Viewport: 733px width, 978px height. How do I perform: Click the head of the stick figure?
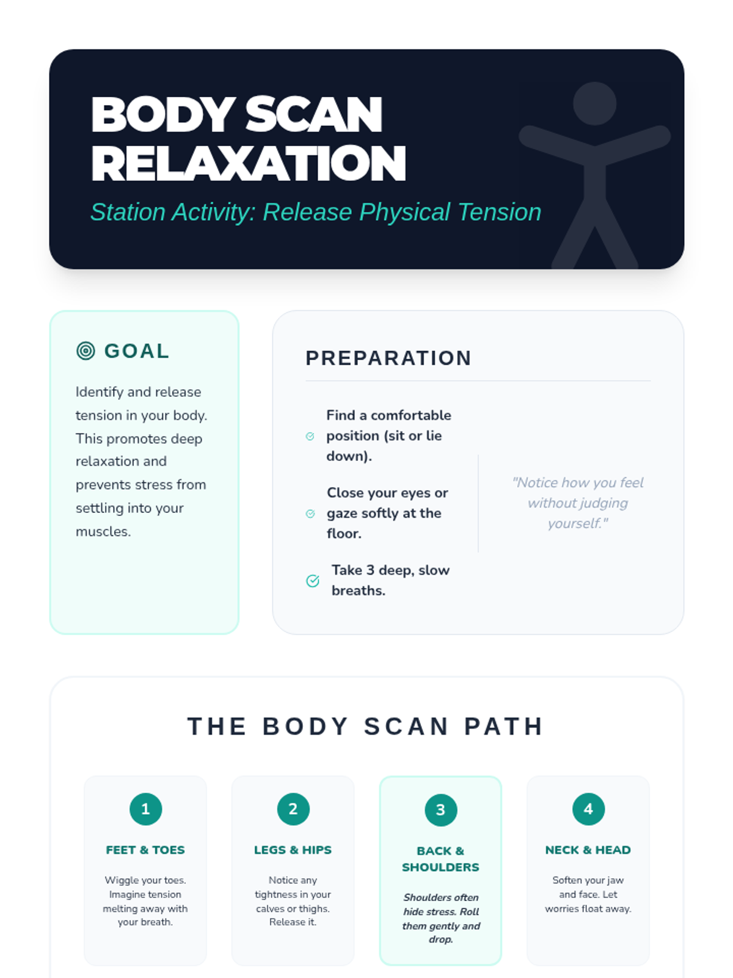(x=594, y=103)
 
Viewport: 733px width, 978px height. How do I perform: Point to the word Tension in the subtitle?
(x=499, y=211)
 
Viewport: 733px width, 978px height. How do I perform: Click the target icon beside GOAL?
(x=86, y=351)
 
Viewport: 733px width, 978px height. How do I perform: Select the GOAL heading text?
(x=137, y=351)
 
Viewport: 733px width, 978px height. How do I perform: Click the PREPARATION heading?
(x=388, y=358)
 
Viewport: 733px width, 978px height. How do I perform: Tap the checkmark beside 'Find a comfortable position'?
(x=310, y=436)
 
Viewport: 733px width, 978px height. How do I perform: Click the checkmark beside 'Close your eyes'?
(x=310, y=513)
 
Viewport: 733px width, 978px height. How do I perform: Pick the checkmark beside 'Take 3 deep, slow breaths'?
(x=312, y=581)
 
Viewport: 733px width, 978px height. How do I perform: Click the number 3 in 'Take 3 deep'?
(x=370, y=570)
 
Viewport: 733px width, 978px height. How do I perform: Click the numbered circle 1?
(x=145, y=809)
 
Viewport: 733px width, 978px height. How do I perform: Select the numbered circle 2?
(x=293, y=809)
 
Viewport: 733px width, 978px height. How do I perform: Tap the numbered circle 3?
(x=440, y=809)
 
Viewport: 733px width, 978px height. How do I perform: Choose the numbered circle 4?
(x=588, y=809)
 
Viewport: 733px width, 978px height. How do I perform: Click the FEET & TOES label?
(x=145, y=850)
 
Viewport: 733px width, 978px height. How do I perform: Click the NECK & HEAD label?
(x=588, y=850)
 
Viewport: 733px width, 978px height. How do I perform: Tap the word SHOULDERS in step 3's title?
(x=440, y=867)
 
